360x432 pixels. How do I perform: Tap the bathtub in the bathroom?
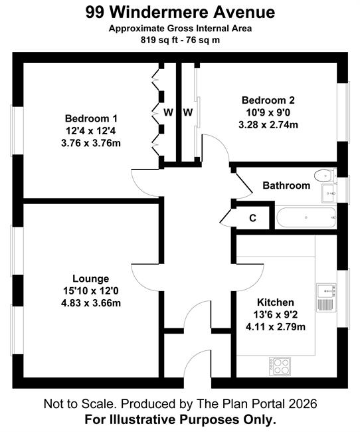click(x=306, y=217)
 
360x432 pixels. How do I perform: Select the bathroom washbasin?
click(x=329, y=193)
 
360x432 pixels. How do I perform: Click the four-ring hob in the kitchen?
click(x=280, y=366)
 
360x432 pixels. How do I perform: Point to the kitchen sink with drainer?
click(x=326, y=298)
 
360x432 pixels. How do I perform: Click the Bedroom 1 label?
click(x=91, y=118)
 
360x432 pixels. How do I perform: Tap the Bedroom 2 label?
click(x=268, y=100)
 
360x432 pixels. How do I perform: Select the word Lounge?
click(x=90, y=278)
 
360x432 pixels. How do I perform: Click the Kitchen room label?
click(x=276, y=302)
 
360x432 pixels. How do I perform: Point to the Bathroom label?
click(x=286, y=185)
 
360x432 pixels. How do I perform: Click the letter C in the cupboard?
click(x=252, y=218)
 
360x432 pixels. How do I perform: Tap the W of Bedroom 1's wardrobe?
click(x=168, y=112)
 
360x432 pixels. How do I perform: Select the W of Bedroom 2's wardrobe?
click(x=188, y=112)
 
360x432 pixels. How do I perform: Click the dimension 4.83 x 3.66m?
click(x=91, y=303)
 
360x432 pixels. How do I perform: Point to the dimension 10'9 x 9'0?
click(x=268, y=112)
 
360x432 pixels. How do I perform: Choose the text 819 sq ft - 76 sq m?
click(x=181, y=41)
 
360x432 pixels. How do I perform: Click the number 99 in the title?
click(x=95, y=13)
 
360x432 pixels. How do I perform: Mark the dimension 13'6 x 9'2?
click(x=276, y=314)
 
